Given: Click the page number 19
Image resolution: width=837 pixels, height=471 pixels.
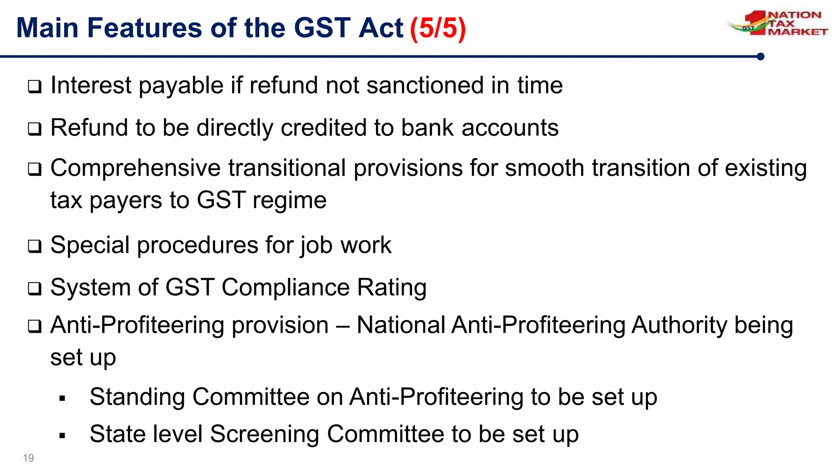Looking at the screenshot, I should (x=28, y=458).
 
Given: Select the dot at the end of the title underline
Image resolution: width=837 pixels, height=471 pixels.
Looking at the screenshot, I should (x=761, y=56).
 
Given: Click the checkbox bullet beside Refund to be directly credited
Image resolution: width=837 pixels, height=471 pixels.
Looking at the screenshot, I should (x=35, y=129).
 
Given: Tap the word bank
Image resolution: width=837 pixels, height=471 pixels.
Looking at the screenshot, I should (x=427, y=128).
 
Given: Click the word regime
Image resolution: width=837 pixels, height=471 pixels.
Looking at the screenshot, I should (x=289, y=200).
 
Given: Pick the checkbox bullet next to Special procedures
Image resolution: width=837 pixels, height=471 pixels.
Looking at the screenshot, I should (x=35, y=246).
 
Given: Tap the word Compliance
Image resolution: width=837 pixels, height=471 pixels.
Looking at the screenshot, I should (x=285, y=287).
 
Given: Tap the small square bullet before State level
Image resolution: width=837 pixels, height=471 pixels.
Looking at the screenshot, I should (x=62, y=436).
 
